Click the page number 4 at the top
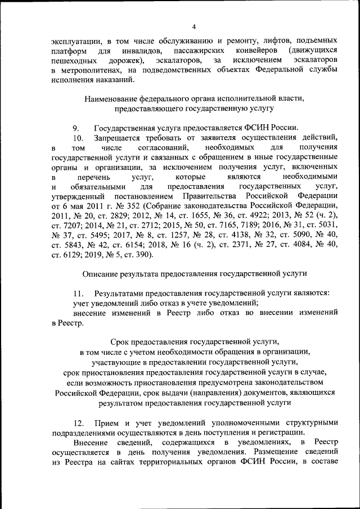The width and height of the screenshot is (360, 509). click(x=194, y=26)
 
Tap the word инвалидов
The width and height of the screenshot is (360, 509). click(x=137, y=51)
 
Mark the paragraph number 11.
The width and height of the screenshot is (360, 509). click(x=78, y=292)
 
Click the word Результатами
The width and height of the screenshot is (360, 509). click(x=119, y=292)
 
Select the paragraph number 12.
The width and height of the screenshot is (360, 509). click(x=78, y=422)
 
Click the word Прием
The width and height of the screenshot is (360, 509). click(x=105, y=422)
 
